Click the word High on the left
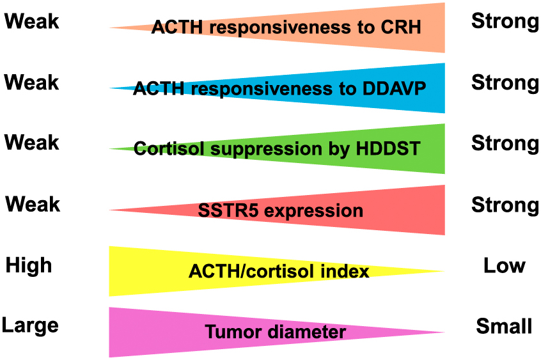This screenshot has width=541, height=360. [29, 265]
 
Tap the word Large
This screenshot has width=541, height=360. [30, 326]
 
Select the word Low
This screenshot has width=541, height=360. [505, 265]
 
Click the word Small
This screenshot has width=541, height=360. [504, 326]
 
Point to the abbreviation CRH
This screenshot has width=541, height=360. [401, 27]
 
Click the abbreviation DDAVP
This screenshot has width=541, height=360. [394, 88]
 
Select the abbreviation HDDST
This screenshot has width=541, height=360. [388, 149]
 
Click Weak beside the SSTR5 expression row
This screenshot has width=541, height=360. [33, 203]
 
